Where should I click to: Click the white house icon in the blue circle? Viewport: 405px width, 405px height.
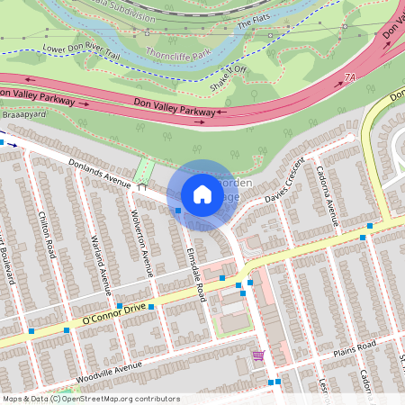202,194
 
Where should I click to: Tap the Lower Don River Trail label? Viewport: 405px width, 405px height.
81,52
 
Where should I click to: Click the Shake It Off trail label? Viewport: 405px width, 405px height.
227,80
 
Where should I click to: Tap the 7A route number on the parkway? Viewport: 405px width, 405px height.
349,80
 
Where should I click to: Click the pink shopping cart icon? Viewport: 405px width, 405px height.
258,357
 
